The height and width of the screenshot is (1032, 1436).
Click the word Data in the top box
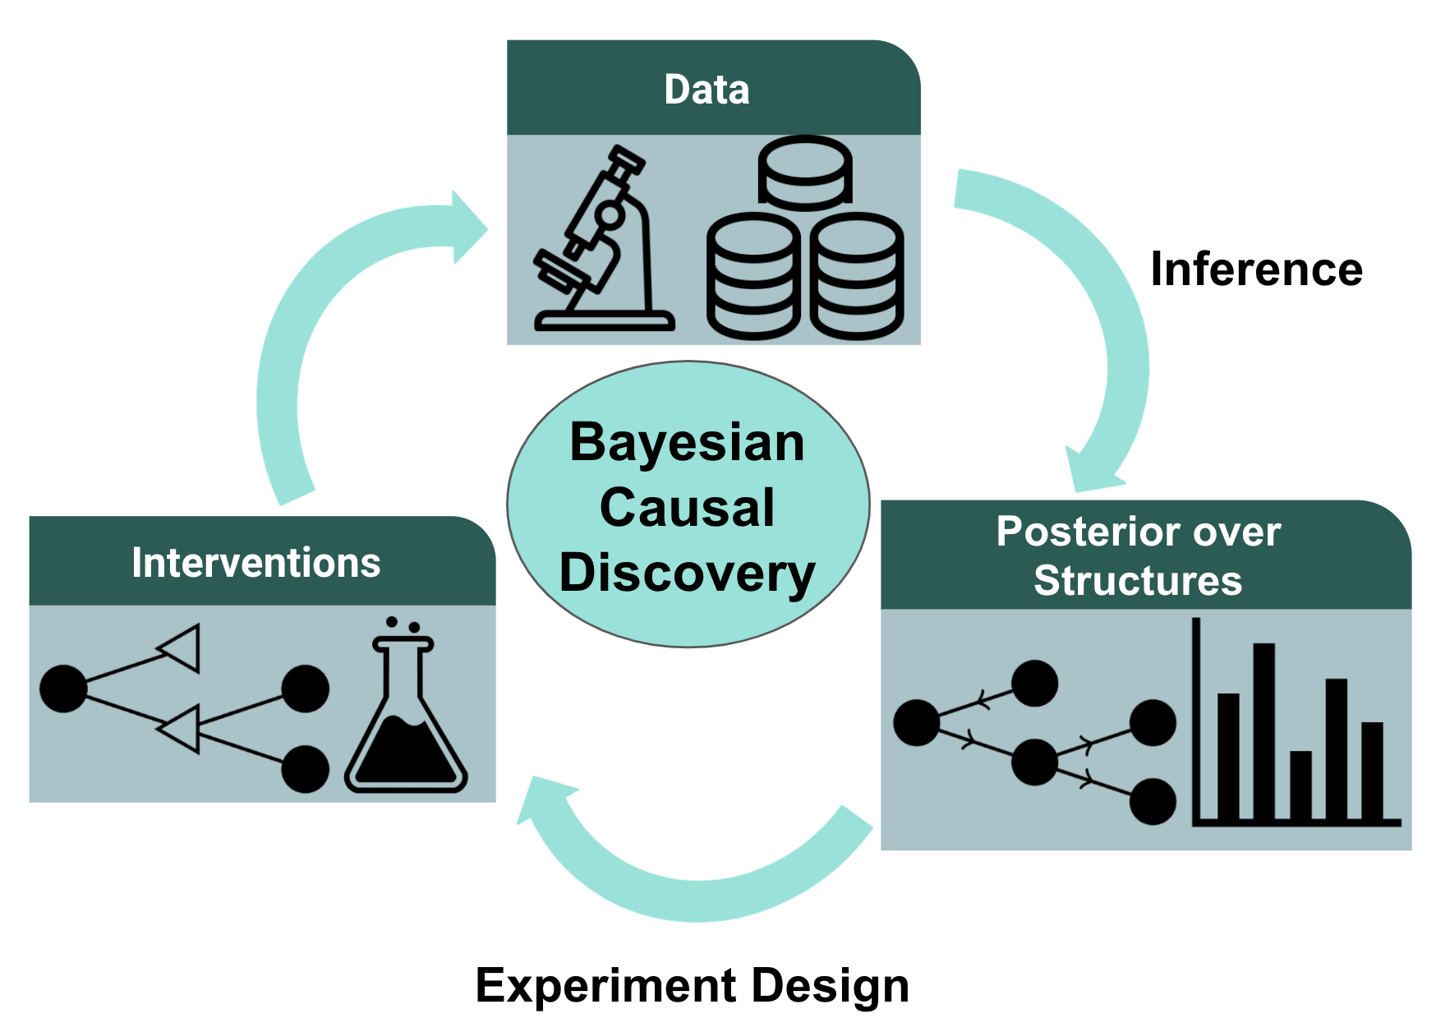pos(706,89)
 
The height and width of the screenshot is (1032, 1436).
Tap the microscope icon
pos(604,238)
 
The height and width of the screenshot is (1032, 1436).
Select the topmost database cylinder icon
pos(805,171)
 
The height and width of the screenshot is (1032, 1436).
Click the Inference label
pos(1256,269)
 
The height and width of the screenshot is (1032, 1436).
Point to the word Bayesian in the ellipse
pos(688,445)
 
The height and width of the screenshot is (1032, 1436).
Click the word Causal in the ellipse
pos(688,507)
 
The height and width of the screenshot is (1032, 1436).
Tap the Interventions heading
pos(255,563)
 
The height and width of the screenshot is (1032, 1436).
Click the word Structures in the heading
pos(1138,581)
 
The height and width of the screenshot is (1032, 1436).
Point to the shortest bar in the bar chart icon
pos(1300,785)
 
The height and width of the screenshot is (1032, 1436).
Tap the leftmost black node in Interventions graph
pos(63,689)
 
